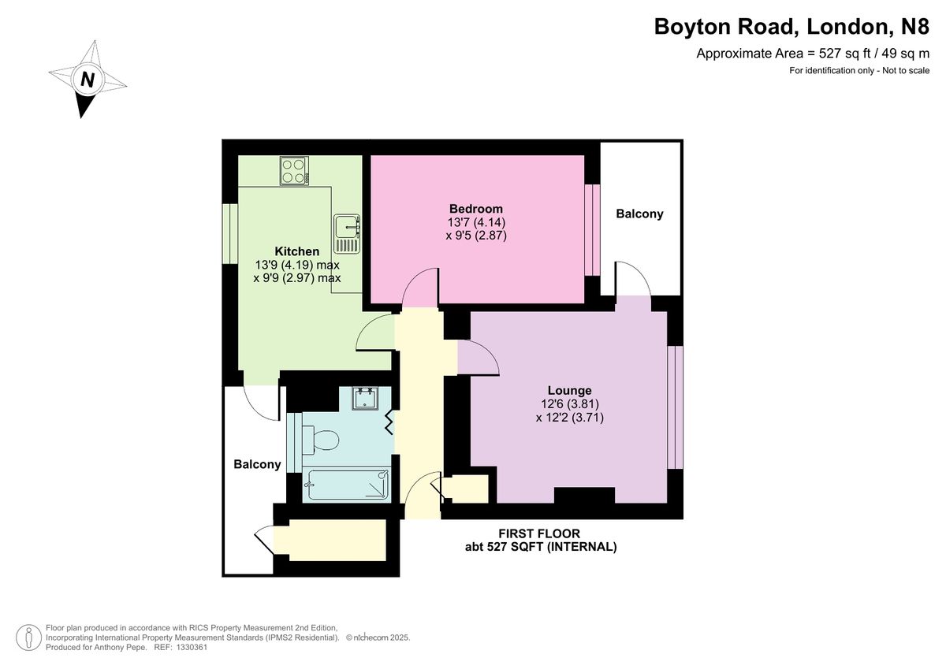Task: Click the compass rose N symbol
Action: [x=88, y=80]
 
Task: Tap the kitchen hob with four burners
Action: [x=293, y=171]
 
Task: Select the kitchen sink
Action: [x=346, y=228]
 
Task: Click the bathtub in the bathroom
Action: [x=347, y=485]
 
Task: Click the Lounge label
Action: [x=569, y=390]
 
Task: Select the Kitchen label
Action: [x=296, y=251]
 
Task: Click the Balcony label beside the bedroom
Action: [x=639, y=214]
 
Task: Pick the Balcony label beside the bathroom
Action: [x=257, y=464]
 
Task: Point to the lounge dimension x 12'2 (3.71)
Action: [x=569, y=418]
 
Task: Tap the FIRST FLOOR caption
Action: [x=539, y=533]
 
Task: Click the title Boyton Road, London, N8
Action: [x=791, y=28]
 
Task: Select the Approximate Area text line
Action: [x=812, y=54]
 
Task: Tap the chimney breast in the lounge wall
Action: [x=584, y=496]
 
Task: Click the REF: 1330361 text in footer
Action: [x=180, y=647]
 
